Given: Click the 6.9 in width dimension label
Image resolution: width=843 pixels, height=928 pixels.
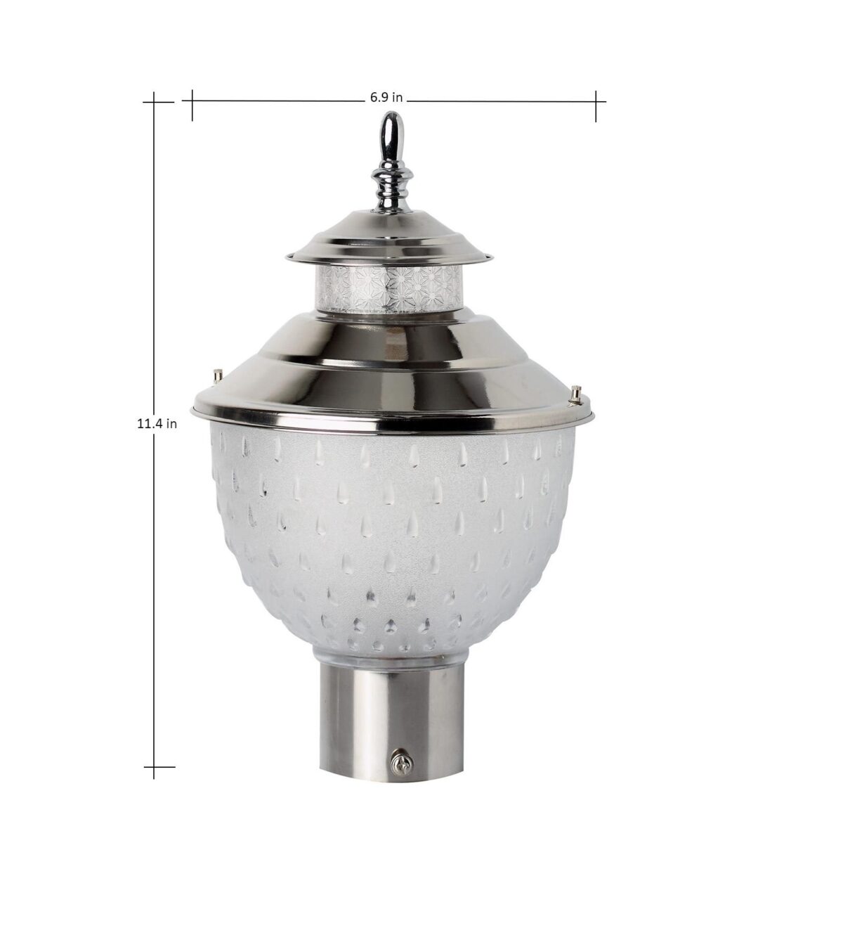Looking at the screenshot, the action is tap(386, 98).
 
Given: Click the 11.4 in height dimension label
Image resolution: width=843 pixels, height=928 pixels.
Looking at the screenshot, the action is tap(157, 423).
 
